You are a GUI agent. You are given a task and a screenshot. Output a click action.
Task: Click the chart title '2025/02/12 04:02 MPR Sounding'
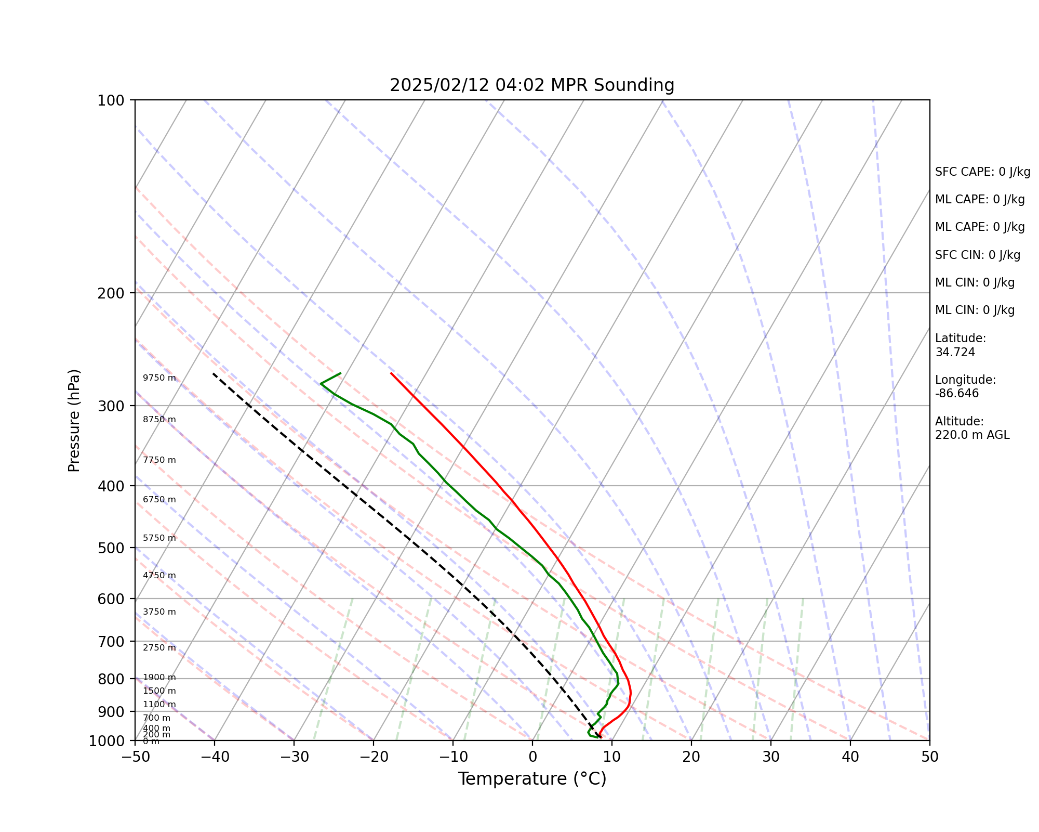pyautogui.click(x=532, y=85)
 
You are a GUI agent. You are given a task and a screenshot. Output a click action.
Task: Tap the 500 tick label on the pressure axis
pyautogui.click(x=113, y=548)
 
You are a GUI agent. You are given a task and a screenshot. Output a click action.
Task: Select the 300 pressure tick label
pyautogui.click(x=113, y=406)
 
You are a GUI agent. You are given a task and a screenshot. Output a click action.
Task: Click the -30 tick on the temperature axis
pyautogui.click(x=294, y=757)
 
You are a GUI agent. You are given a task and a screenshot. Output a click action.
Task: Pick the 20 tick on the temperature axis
pyautogui.click(x=691, y=757)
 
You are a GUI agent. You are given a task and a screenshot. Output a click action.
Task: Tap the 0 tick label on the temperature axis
pyautogui.click(x=532, y=757)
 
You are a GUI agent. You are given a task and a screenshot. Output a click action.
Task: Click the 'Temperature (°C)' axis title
pyautogui.click(x=532, y=779)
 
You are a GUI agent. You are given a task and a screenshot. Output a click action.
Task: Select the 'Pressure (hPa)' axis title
pyautogui.click(x=74, y=420)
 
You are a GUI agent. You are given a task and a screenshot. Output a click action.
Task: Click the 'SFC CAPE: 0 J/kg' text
pyautogui.click(x=982, y=172)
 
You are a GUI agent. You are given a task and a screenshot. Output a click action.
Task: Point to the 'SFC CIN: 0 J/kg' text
pyautogui.click(x=977, y=255)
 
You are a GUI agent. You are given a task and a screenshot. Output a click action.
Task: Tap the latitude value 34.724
pyautogui.click(x=955, y=353)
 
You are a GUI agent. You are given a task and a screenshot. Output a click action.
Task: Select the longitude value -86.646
pyautogui.click(x=957, y=394)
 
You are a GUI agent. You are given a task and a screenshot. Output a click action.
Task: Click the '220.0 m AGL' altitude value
pyautogui.click(x=972, y=435)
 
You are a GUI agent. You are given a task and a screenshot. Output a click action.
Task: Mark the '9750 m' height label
pyautogui.click(x=159, y=378)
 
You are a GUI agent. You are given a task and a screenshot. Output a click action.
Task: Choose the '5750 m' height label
pyautogui.click(x=159, y=538)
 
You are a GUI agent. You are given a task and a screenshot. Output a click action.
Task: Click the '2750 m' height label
pyautogui.click(x=159, y=648)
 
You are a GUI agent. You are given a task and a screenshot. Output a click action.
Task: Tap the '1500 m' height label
pyautogui.click(x=159, y=691)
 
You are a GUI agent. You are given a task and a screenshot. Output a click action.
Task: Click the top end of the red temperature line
pyautogui.click(x=391, y=373)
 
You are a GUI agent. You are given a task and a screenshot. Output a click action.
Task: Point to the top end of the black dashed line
pyautogui.click(x=213, y=373)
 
